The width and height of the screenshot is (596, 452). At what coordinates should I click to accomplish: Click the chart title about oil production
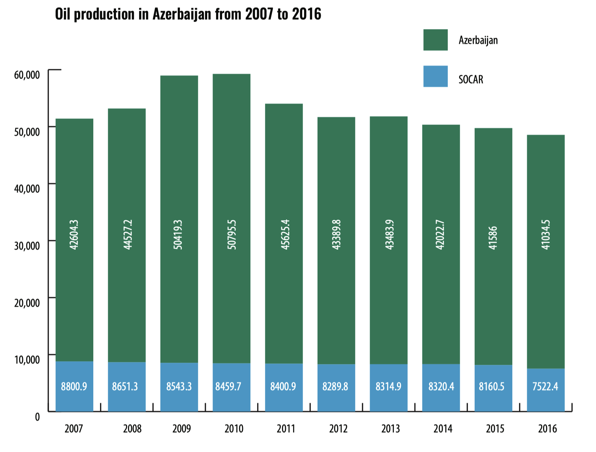tap(188, 14)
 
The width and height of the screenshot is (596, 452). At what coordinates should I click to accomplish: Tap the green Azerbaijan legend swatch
tap(435, 40)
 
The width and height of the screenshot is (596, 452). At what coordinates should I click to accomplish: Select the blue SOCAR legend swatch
tap(435, 76)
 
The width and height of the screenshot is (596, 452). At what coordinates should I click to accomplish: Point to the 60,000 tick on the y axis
tap(27, 75)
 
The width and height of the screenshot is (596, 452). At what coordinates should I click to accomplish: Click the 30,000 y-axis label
tap(27, 245)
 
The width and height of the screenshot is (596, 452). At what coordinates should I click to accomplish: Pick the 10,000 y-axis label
tap(27, 359)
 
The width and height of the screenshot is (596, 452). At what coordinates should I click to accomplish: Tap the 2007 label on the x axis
tap(74, 429)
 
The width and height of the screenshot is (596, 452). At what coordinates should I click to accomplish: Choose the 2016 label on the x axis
tap(547, 429)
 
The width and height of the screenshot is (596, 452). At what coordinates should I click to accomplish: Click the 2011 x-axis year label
tap(286, 429)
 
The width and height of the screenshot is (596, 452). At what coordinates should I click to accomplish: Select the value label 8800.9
tap(74, 386)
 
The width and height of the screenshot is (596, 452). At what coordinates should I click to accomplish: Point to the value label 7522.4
tap(545, 386)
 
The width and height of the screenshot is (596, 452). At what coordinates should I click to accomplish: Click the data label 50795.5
tap(232, 235)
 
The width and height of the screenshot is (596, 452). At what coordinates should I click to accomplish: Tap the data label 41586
tap(493, 238)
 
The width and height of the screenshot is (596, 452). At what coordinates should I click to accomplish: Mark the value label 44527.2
tap(127, 235)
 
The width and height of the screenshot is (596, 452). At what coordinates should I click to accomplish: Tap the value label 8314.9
tap(388, 386)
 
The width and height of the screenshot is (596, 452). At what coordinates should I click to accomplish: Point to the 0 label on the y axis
tap(37, 417)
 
